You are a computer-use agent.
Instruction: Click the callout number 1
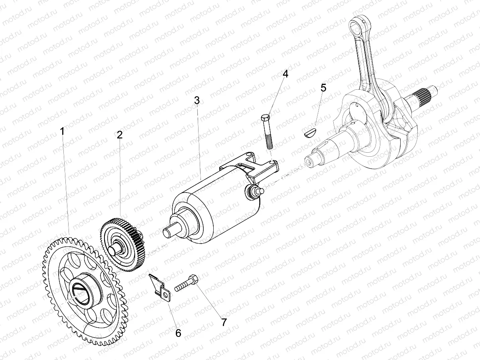point(62,131)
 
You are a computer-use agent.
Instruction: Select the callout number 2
point(120,134)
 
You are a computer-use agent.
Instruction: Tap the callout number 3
point(197,100)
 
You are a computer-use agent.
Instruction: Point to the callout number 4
point(285,74)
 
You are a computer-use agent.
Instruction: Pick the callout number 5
point(323,88)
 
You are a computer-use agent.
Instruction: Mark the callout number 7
point(224,322)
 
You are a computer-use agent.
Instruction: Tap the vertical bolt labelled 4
point(267,132)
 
